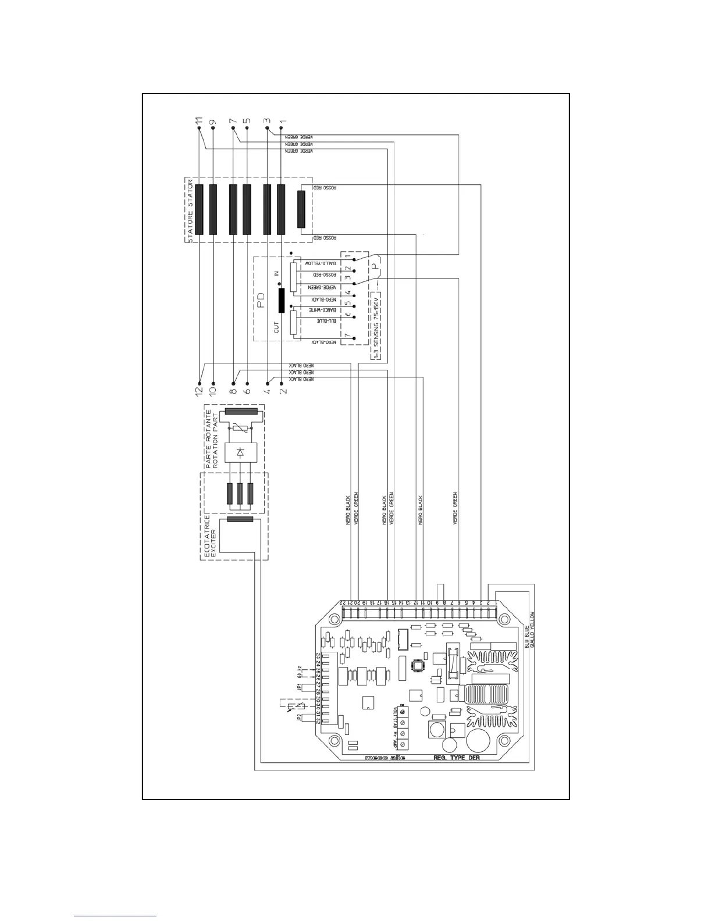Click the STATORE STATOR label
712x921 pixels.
[x=190, y=210]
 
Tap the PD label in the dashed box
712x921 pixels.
[x=261, y=299]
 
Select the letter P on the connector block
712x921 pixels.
[x=376, y=269]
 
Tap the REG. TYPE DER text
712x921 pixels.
[x=457, y=758]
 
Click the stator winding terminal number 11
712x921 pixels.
[x=199, y=122]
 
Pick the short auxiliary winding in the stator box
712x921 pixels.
[x=301, y=209]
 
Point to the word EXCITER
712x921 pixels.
[x=213, y=543]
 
